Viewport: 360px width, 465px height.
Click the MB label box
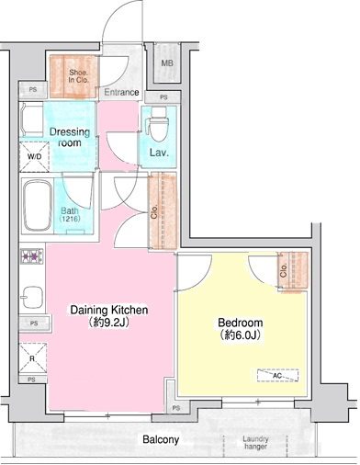[x=167, y=63]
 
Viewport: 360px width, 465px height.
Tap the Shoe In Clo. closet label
[x=73, y=76]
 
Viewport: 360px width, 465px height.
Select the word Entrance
[x=120, y=93]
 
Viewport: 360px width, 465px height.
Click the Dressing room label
[x=70, y=137]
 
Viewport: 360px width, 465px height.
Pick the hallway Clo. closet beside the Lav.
[x=162, y=210]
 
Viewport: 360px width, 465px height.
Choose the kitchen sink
[x=32, y=296]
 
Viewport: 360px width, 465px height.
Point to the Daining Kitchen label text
[x=110, y=310]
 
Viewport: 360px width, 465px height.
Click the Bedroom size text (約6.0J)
[x=240, y=336]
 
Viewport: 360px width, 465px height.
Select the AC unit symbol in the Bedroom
[x=276, y=374]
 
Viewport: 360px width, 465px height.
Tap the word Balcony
[x=160, y=440]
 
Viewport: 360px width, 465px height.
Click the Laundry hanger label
[x=255, y=444]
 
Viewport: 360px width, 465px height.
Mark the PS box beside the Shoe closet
[x=34, y=89]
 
